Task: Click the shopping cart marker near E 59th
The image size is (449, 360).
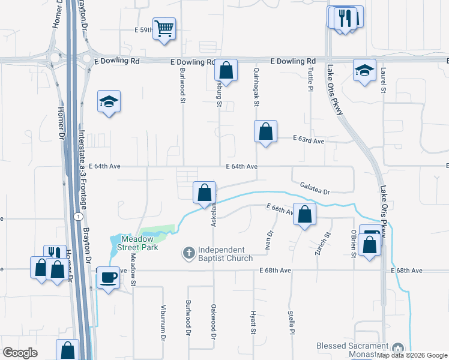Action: click(164, 28)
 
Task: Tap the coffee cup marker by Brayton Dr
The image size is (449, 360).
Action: click(108, 277)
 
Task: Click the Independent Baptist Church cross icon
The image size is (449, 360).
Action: click(188, 253)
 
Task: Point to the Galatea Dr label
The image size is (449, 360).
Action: click(315, 188)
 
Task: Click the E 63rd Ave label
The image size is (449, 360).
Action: click(309, 140)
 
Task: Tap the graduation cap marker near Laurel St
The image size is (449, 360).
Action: click(364, 70)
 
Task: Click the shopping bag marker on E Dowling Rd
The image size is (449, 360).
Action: click(226, 70)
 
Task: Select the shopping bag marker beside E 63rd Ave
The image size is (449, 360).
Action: click(265, 131)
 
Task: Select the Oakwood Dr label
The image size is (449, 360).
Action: click(212, 321)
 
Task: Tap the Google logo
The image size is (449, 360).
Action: click(20, 353)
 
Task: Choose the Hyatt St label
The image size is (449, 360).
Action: click(253, 322)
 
